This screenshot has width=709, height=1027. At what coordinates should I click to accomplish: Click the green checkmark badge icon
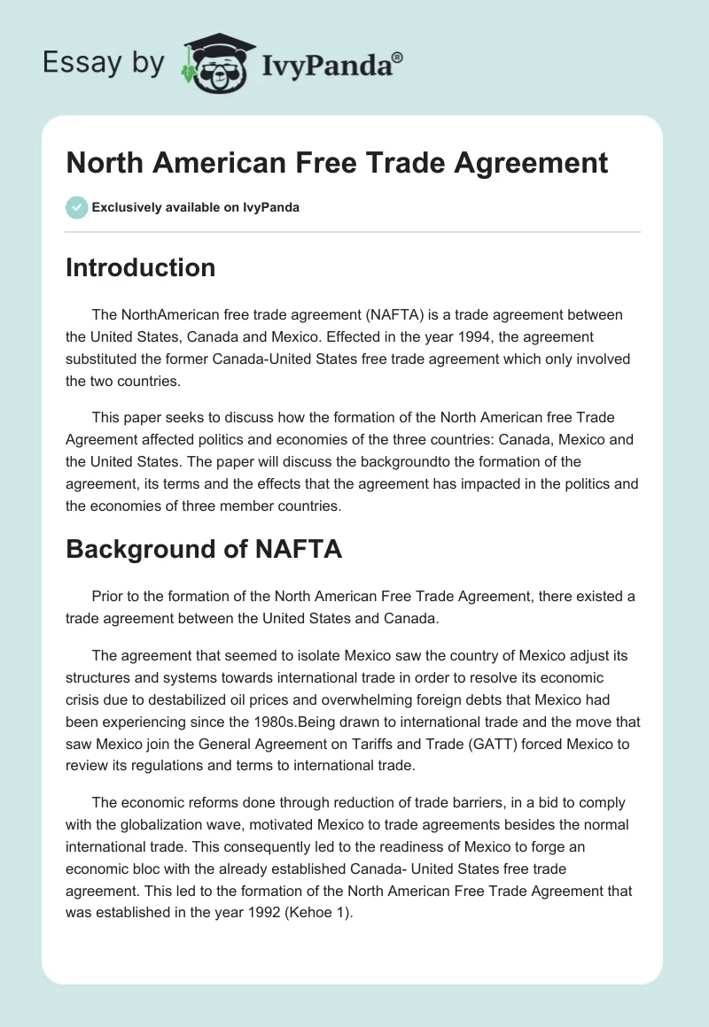click(x=76, y=207)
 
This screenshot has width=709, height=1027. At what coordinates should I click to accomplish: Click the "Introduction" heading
click(x=140, y=267)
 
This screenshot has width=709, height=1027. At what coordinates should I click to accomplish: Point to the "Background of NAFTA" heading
click(x=204, y=549)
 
